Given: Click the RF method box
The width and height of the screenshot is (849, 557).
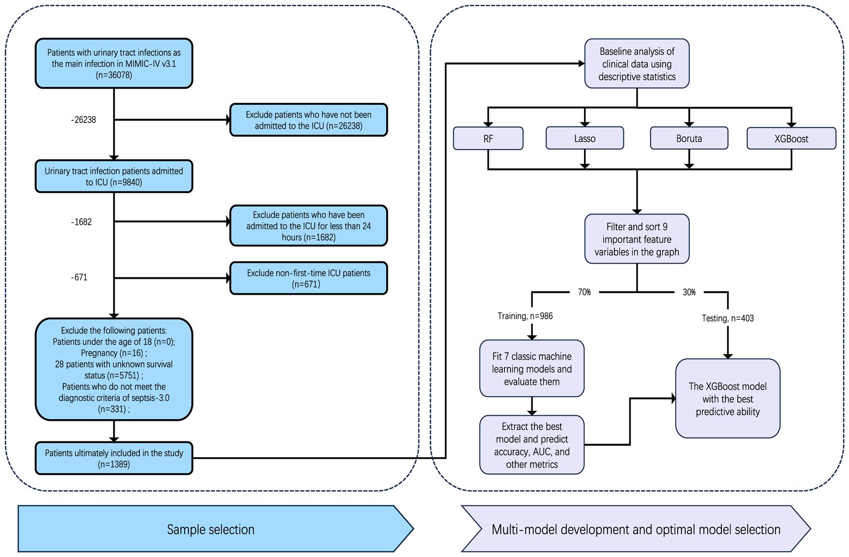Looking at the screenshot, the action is (x=488, y=138).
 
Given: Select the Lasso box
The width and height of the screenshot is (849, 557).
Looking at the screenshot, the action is (x=585, y=138).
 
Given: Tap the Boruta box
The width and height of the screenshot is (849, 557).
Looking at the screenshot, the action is (x=689, y=138).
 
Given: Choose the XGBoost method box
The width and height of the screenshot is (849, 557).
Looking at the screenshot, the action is (x=791, y=138).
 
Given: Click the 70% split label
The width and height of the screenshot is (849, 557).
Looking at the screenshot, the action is (x=585, y=292).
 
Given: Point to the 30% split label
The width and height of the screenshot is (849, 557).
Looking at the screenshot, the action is (x=689, y=292).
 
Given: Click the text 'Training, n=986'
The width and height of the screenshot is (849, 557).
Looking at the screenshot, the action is (x=525, y=316).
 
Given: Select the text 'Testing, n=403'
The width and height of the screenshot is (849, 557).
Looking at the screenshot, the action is (x=728, y=318).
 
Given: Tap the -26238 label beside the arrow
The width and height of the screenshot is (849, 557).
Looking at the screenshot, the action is (x=83, y=119).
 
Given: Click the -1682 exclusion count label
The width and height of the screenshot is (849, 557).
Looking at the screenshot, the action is (x=81, y=222).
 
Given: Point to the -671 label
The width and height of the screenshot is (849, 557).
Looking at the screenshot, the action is (x=79, y=277).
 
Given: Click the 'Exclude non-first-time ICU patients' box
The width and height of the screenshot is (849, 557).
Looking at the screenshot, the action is (x=308, y=278).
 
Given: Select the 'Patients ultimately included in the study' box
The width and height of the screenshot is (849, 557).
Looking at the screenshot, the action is (x=114, y=458).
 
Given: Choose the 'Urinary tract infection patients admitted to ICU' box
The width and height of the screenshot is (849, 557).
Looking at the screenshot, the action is (x=114, y=176).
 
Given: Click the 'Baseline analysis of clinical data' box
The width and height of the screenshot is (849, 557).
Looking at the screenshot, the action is (x=637, y=64).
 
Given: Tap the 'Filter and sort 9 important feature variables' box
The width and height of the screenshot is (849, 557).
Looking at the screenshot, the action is (x=637, y=239).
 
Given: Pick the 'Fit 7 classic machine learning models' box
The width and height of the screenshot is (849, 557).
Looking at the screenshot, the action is (x=532, y=369).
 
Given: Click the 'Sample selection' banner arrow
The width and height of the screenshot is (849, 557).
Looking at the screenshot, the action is (x=216, y=529).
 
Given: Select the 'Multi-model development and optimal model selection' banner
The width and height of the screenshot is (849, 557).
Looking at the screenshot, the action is (x=636, y=529).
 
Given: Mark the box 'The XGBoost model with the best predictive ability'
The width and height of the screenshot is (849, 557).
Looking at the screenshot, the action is (x=728, y=399).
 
